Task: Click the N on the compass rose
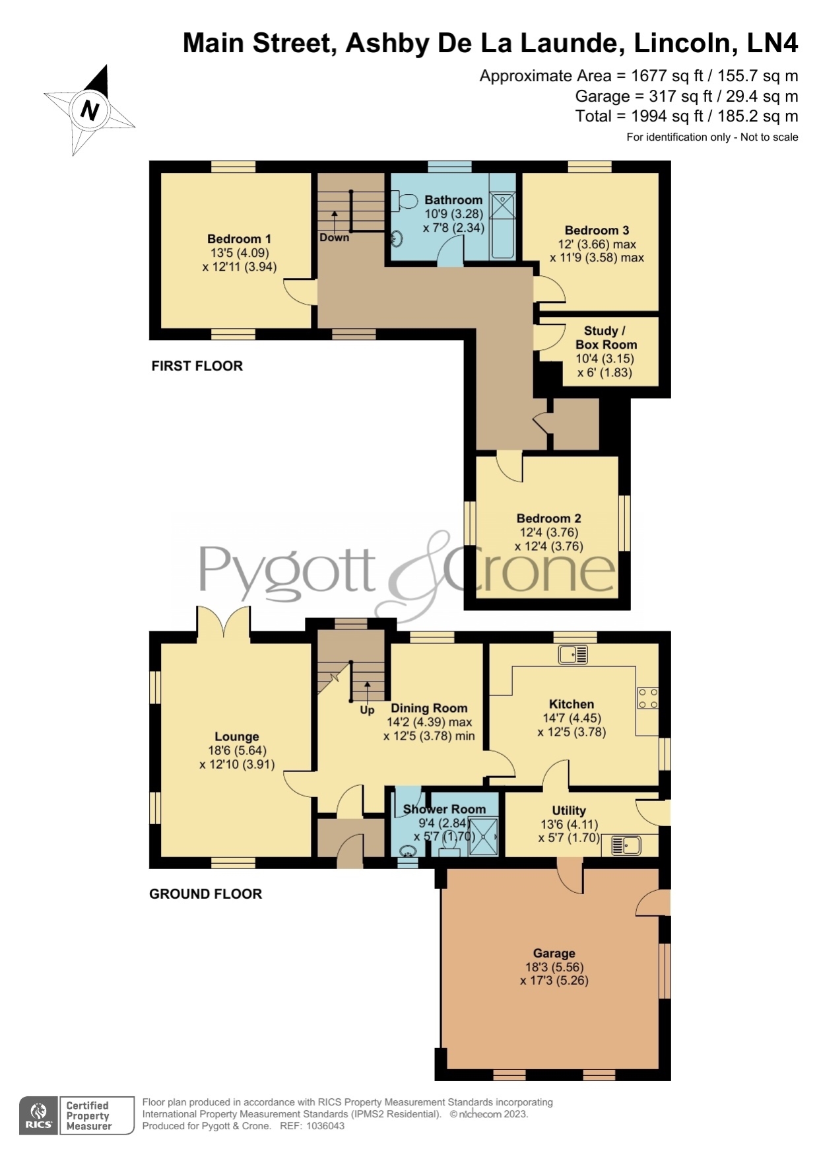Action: pyautogui.click(x=90, y=110)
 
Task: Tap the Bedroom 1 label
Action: pyautogui.click(x=239, y=239)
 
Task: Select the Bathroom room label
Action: pyautogui.click(x=453, y=200)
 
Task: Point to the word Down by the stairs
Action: pyautogui.click(x=334, y=238)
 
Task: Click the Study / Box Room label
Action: pyautogui.click(x=606, y=337)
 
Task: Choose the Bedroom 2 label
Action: pyautogui.click(x=548, y=518)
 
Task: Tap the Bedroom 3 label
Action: pyautogui.click(x=597, y=230)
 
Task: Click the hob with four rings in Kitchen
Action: pyautogui.click(x=647, y=698)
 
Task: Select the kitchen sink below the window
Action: pyautogui.click(x=573, y=654)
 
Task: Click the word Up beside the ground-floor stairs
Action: pyautogui.click(x=367, y=711)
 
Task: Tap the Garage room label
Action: pyautogui.click(x=554, y=953)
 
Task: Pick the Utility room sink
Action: pyautogui.click(x=626, y=845)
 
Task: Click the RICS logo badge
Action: pyautogui.click(x=39, y=1116)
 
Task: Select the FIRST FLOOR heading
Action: pyautogui.click(x=197, y=366)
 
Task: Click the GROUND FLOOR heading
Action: pyautogui.click(x=205, y=894)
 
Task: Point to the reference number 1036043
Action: pyautogui.click(x=323, y=1126)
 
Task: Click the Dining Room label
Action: pyautogui.click(x=429, y=708)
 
